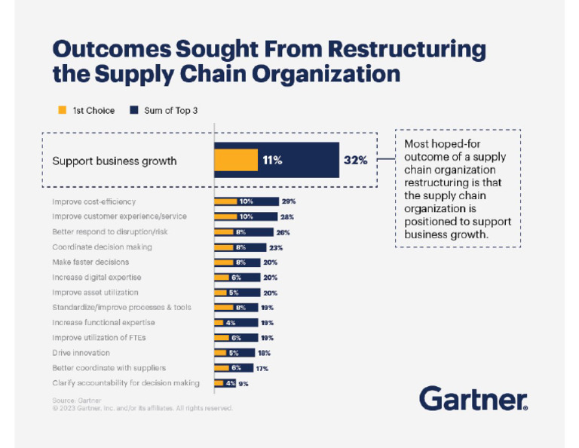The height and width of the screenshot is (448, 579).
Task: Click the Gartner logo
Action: tap(473, 397)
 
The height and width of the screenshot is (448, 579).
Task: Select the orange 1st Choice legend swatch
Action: tap(63, 110)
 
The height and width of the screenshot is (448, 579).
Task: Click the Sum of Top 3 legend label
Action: tap(170, 110)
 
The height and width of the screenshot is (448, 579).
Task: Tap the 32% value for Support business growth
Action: tap(355, 160)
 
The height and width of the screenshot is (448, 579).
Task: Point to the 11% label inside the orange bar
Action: tap(272, 160)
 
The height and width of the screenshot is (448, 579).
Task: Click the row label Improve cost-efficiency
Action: tap(93, 201)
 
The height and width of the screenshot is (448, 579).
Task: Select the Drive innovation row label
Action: tap(81, 353)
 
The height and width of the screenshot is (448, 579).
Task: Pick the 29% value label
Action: tap(289, 201)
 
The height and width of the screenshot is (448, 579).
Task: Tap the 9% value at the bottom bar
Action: tap(244, 383)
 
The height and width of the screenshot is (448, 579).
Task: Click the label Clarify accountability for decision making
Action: tap(126, 383)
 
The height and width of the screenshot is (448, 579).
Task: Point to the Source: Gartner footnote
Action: tap(76, 400)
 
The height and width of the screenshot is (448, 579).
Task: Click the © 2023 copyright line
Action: tap(142, 408)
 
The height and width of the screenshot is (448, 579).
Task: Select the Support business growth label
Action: tap(114, 161)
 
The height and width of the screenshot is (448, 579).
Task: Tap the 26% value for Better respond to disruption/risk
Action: tap(283, 232)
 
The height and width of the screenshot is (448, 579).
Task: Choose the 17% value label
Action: tap(261, 368)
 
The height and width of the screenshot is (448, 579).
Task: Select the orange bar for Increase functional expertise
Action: tap(223, 323)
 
